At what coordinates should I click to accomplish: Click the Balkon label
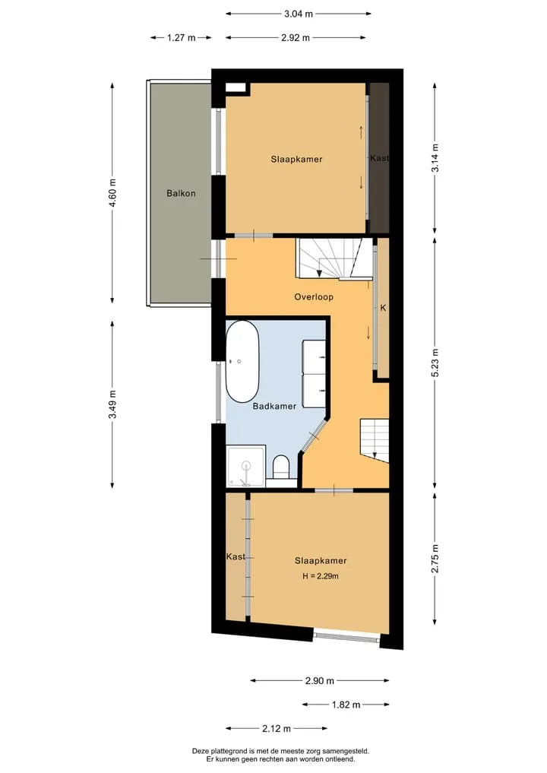tap(181, 193)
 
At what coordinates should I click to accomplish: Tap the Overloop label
tap(314, 296)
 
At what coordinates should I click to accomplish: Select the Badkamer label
tap(274, 406)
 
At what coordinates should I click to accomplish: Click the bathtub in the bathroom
tap(242, 362)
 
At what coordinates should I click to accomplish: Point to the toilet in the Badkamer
tap(281, 467)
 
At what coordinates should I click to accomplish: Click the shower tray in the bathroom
tap(246, 466)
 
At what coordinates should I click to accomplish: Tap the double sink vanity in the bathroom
tap(314, 374)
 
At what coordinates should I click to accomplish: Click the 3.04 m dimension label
tap(298, 14)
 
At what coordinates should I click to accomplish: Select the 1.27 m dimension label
tap(181, 37)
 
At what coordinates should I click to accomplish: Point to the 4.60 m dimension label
tap(113, 193)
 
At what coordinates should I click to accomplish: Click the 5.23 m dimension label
tap(435, 363)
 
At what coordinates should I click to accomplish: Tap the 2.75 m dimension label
tap(435, 559)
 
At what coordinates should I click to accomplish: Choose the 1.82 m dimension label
tap(346, 705)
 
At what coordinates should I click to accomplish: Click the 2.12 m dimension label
tap(277, 728)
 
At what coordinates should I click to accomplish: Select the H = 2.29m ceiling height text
tap(321, 576)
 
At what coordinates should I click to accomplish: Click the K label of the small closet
tap(383, 308)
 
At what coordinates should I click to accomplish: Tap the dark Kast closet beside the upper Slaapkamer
tap(379, 158)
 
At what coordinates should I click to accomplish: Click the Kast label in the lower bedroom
tap(236, 556)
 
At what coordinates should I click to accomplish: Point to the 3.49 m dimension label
tap(113, 404)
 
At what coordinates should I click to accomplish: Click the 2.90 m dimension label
tap(319, 681)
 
